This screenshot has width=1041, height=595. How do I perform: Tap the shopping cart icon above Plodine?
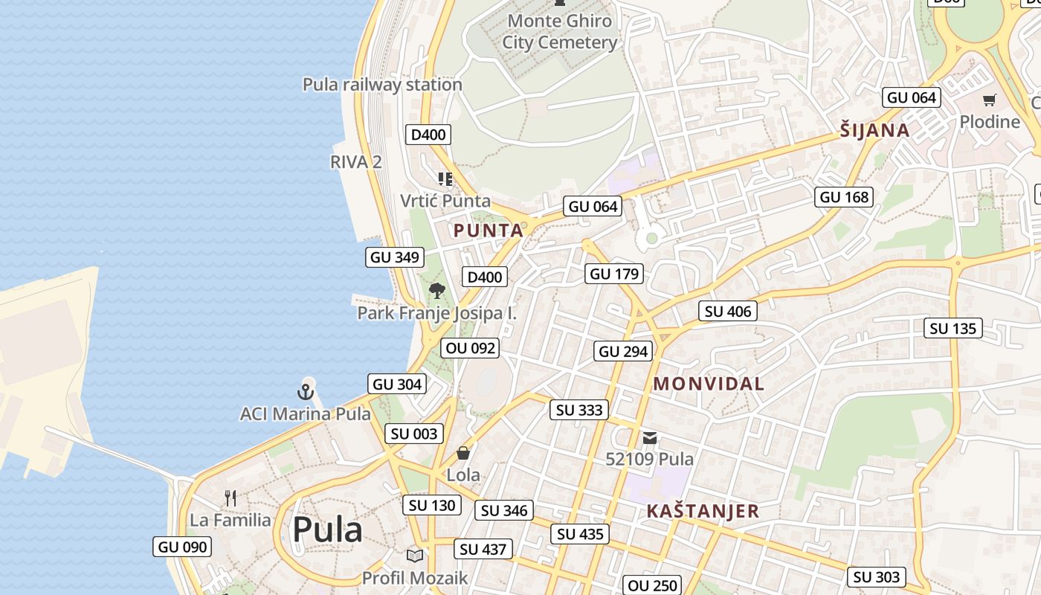pyautogui.click(x=989, y=100)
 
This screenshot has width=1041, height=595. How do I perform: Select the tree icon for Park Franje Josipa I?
pyautogui.click(x=437, y=291)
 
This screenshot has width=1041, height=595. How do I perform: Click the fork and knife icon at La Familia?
pyautogui.click(x=231, y=498)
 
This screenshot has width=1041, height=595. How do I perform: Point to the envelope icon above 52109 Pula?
pyautogui.click(x=650, y=438)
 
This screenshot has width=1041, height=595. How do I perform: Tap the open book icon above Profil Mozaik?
pyautogui.click(x=415, y=556)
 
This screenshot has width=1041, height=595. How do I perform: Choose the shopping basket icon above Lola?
pyautogui.click(x=463, y=452)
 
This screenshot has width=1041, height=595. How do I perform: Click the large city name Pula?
pyautogui.click(x=327, y=530)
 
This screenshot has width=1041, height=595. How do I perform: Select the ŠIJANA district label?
pyautogui.click(x=875, y=131)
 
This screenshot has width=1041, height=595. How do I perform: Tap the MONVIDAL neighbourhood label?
pyautogui.click(x=709, y=384)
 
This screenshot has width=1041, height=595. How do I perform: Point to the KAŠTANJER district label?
pyautogui.click(x=703, y=511)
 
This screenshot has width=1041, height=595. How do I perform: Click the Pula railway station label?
pyautogui.click(x=382, y=85)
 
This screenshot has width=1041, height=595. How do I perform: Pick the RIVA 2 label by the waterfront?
pyautogui.click(x=356, y=161)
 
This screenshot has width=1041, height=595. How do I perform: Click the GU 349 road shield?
pyautogui.click(x=395, y=257)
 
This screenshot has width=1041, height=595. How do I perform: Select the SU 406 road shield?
pyautogui.click(x=728, y=311)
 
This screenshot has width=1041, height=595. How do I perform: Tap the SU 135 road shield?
pyautogui.click(x=953, y=328)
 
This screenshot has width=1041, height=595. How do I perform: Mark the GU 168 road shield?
pyautogui.click(x=844, y=197)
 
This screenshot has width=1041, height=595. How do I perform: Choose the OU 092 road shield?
pyautogui.click(x=469, y=347)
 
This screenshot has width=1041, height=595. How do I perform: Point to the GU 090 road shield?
pyautogui.click(x=182, y=547)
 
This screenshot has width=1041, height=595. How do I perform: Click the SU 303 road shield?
pyautogui.click(x=877, y=576)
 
